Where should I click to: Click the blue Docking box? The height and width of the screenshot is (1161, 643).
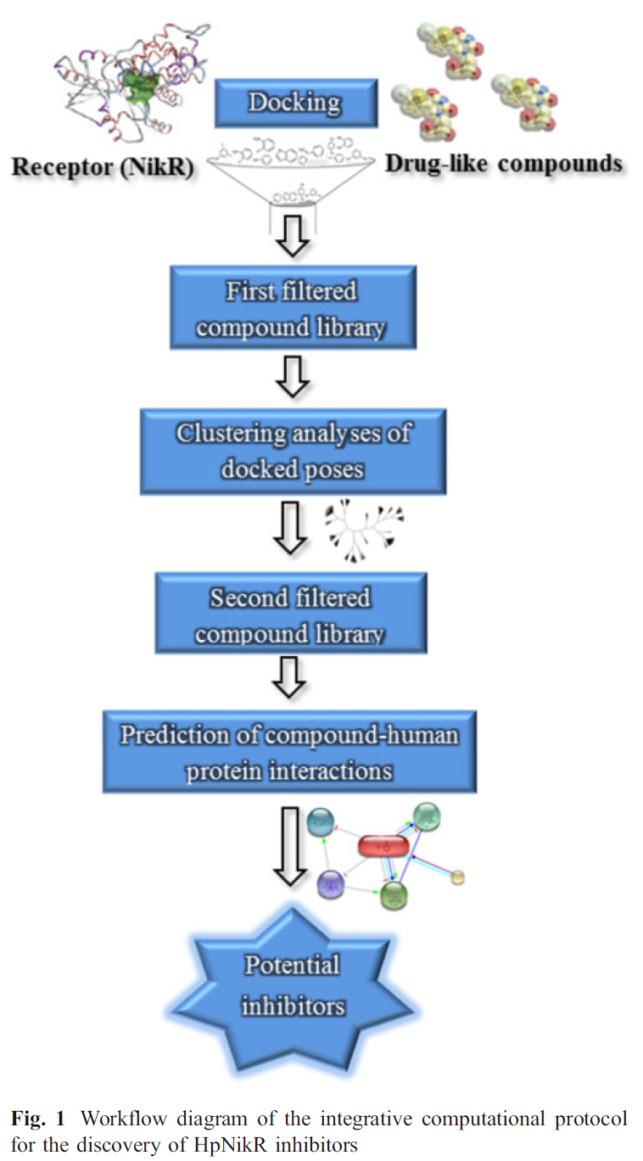click(x=294, y=104)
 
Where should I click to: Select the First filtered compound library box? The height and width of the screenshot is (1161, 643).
click(x=293, y=308)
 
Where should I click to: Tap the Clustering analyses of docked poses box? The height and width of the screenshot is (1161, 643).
click(x=293, y=450)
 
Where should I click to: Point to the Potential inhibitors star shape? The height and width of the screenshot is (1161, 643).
click(x=293, y=985)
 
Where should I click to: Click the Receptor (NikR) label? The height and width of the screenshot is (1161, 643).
click(x=103, y=167)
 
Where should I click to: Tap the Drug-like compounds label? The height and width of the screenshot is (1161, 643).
click(x=504, y=163)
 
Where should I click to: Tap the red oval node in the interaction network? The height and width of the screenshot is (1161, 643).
click(x=384, y=845)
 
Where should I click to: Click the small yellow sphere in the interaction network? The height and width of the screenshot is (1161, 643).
click(x=458, y=876)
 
